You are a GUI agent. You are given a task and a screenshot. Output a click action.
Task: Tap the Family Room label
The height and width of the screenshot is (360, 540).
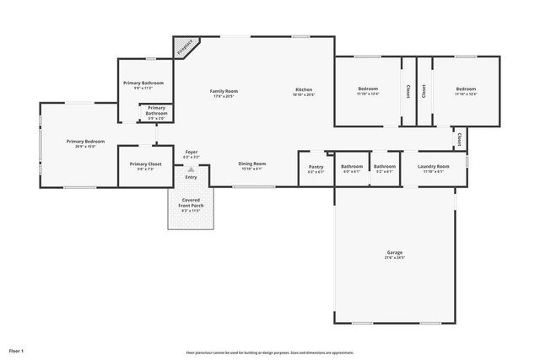point(224,90)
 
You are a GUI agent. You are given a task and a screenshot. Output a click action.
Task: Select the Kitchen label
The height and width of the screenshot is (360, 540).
point(304,89)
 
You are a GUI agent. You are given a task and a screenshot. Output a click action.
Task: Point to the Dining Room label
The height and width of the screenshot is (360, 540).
point(252,164)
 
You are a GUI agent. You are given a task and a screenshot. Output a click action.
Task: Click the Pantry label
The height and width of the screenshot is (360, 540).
point(316,166)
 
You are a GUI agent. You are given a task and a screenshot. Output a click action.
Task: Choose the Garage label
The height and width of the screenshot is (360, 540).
point(394,252)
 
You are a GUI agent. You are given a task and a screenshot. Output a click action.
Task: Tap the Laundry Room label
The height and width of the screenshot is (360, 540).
point(434,166)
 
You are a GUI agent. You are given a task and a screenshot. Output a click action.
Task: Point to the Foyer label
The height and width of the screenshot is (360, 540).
point(192,153)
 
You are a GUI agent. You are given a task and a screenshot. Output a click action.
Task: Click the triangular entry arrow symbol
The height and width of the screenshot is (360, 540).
point(192,169)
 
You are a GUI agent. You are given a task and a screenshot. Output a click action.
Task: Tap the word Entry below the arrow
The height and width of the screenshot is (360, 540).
point(192,177)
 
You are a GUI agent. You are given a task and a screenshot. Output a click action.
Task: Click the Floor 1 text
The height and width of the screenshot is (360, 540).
point(16,350)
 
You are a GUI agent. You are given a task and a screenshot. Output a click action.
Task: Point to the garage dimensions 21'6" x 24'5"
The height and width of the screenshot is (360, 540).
point(394,258)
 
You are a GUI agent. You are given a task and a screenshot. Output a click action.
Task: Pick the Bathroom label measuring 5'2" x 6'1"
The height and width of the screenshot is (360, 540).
point(385,172)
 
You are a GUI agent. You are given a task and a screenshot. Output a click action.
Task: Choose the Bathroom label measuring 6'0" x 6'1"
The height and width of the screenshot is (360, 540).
point(351,172)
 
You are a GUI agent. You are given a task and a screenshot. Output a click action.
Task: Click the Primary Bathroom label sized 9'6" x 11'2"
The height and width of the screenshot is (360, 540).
point(143,83)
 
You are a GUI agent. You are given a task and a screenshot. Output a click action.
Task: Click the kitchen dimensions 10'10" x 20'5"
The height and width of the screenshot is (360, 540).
point(304,95)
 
